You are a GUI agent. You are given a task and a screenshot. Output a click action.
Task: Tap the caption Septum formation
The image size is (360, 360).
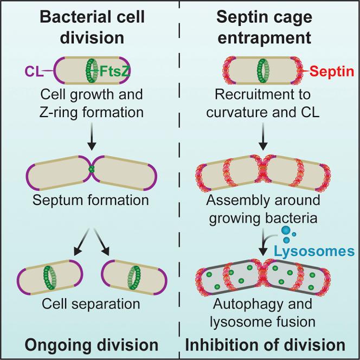[x=90, y=200]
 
